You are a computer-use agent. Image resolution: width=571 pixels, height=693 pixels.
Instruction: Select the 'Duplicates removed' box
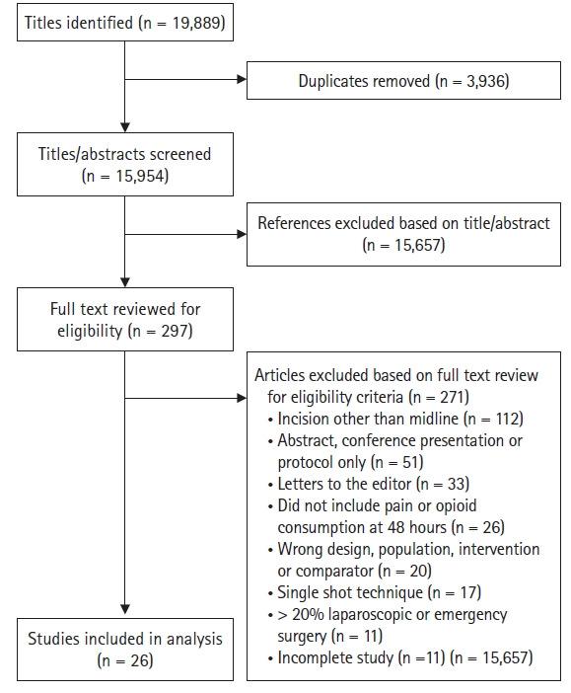pyautogui.click(x=403, y=80)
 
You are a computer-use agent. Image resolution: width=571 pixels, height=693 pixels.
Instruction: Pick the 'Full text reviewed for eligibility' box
pyautogui.click(x=125, y=318)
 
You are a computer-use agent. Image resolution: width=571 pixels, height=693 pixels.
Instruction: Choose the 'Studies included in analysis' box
pyautogui.click(x=125, y=649)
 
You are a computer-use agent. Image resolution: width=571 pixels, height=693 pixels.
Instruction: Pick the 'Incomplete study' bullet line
pyautogui.click(x=400, y=657)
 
